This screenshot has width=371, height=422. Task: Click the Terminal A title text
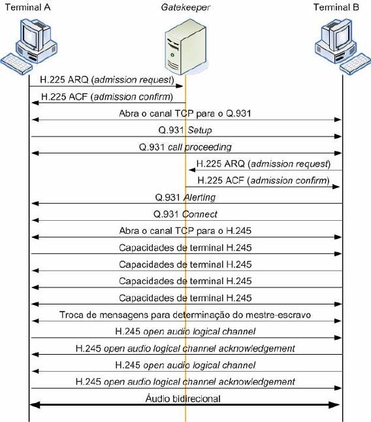coord(27,7)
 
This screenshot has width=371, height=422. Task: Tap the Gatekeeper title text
coord(185,8)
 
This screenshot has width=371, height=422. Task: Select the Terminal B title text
coord(336,7)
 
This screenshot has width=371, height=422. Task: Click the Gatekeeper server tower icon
coord(185,46)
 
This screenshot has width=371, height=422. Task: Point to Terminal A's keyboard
coord(17,64)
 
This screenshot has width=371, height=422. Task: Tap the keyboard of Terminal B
coord(355,64)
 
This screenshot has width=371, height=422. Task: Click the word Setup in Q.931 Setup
coord(200,130)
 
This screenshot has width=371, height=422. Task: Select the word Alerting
coord(200,197)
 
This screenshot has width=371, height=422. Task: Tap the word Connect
coord(200,214)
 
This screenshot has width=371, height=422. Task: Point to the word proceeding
coord(208,147)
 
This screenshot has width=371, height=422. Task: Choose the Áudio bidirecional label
coord(183,398)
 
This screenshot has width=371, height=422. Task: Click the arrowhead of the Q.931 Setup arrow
coord(338,137)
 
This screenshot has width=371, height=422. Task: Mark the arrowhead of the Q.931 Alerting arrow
coord(35,203)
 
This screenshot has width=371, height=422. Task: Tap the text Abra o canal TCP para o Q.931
coord(185,114)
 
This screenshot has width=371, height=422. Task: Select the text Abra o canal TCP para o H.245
coord(185,231)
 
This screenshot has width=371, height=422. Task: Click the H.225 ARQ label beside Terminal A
coord(107,80)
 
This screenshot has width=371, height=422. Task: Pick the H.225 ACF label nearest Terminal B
coord(264,180)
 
